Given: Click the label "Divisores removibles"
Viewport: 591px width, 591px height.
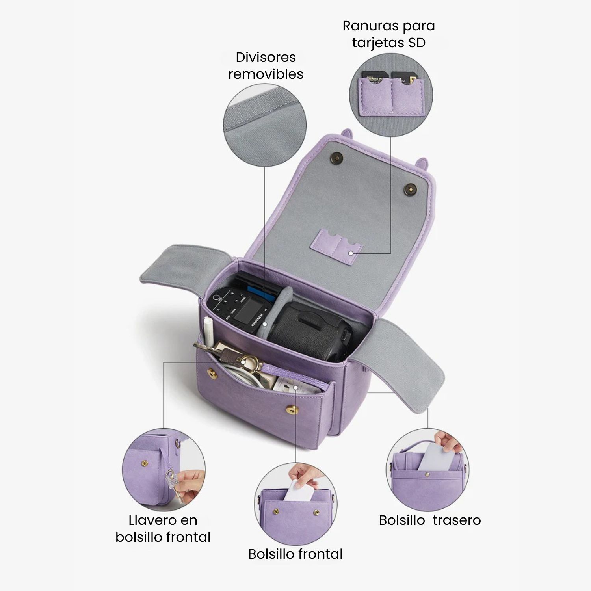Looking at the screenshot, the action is pyautogui.click(x=266, y=65).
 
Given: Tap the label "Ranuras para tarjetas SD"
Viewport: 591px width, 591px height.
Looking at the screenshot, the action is pyautogui.click(x=388, y=34).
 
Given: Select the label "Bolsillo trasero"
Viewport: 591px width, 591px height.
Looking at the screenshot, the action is pyautogui.click(x=430, y=520).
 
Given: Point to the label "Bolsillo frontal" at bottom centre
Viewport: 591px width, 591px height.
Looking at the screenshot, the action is pyautogui.click(x=295, y=554).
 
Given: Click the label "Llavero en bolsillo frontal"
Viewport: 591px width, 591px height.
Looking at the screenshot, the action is pyautogui.click(x=163, y=528).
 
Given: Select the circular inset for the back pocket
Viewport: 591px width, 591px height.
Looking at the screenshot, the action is pyautogui.click(x=427, y=470).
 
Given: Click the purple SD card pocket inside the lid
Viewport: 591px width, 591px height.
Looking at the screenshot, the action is pyautogui.click(x=337, y=246).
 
